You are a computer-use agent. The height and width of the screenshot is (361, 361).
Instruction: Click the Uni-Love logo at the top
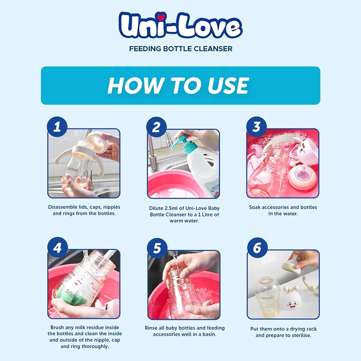pos(180,25)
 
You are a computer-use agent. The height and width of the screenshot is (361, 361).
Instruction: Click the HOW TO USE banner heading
pos(180,85)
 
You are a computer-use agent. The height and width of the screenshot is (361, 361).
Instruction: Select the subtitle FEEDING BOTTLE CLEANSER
pos(180,49)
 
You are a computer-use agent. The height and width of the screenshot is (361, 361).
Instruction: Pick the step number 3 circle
pos(256,127)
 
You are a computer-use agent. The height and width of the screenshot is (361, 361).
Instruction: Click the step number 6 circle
pos(256,248)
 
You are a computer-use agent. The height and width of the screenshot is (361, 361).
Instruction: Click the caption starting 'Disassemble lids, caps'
pos(84,210)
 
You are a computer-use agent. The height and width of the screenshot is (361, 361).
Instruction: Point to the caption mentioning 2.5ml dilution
pos(184,214)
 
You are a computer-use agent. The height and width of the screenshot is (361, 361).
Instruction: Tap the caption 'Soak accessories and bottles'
pos(283,210)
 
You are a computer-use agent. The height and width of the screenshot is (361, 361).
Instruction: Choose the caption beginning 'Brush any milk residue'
pos(84,337)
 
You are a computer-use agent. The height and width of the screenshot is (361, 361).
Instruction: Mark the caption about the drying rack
pos(283,332)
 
